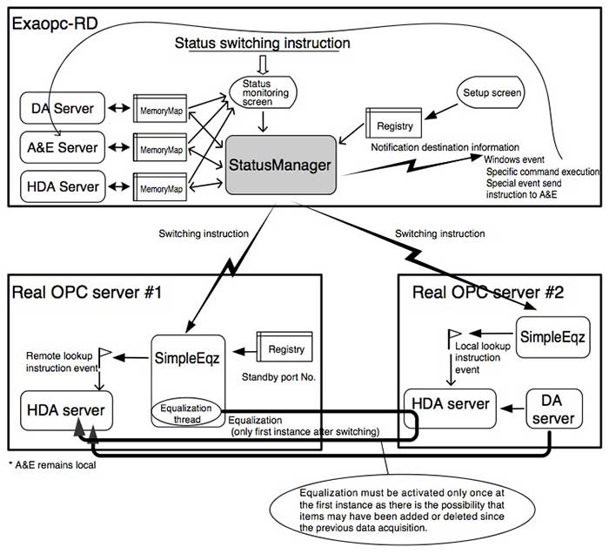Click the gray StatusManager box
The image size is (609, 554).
tap(281, 165)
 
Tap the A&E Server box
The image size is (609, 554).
tap(62, 148)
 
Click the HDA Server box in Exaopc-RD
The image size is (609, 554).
tap(62, 186)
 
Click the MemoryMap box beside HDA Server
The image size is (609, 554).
tap(160, 187)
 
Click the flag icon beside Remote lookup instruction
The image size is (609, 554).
tap(104, 355)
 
